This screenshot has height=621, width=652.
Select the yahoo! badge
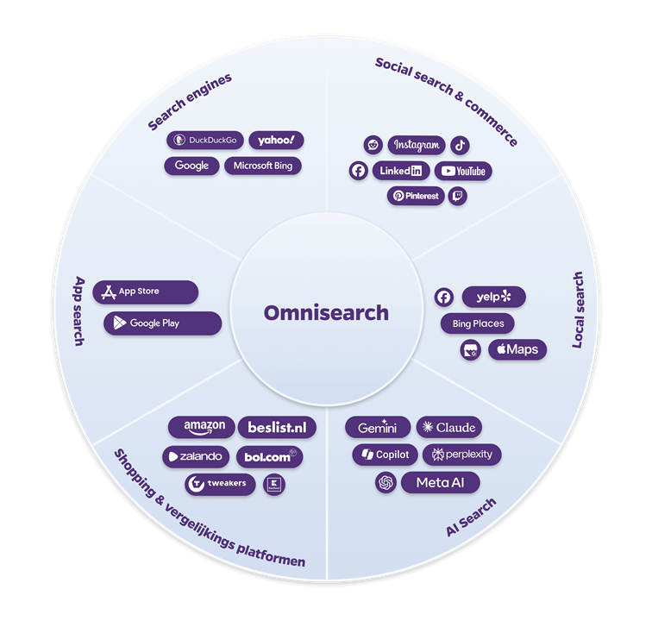coord(276,141)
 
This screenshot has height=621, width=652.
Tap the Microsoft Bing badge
coord(263,166)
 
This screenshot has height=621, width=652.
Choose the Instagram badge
coord(417,145)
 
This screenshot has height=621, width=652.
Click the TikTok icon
coord(461,145)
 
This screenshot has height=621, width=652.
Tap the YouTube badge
coord(463,171)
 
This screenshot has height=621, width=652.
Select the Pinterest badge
coord(416,196)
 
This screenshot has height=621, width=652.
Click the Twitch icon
coord(458,196)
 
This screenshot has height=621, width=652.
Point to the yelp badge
coord(493,298)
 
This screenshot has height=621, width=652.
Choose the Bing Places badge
coord(477,323)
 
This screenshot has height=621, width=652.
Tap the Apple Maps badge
coord(517,349)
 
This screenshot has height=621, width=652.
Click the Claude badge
coord(448,428)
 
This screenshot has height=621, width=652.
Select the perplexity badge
coord(461,455)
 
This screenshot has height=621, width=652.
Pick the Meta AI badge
coord(440,483)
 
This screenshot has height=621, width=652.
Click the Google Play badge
coord(162,323)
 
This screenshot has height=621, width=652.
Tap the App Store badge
coord(145,292)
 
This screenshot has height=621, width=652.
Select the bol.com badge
coord(270,456)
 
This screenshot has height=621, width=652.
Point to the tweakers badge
coord(219,484)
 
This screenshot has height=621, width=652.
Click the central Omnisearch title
coord(326,312)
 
